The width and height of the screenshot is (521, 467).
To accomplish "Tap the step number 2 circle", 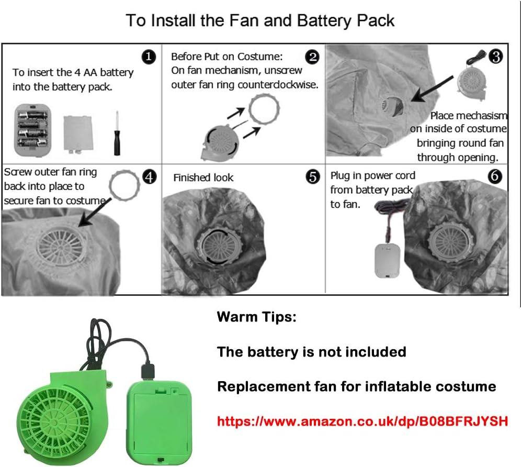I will [312, 57].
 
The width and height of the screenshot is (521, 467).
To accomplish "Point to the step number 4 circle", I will [149, 177].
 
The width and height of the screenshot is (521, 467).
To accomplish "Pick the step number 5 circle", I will [312, 177].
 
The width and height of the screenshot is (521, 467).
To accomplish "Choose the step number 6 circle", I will [495, 177].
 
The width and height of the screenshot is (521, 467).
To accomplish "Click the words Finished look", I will [203, 178].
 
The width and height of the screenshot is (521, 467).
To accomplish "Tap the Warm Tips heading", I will [256, 317].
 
